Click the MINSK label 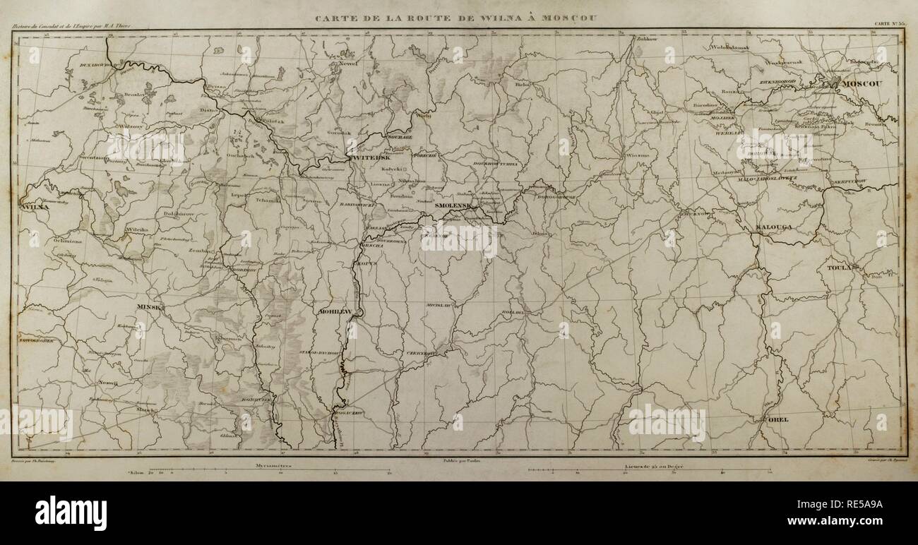[151, 308]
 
